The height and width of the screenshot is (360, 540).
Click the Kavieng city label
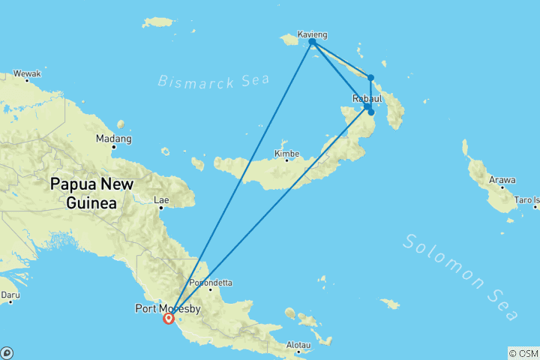(x=312, y=34)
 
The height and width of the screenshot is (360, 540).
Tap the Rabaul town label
(x=367, y=98)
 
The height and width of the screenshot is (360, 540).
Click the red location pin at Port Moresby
(x=168, y=318)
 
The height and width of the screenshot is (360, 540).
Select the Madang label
(x=114, y=139)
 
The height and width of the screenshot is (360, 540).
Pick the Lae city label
(x=160, y=200)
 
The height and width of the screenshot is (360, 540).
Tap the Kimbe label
(x=286, y=153)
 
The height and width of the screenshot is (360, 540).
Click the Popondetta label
(x=211, y=283)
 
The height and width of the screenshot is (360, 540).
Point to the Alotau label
(x=298, y=344)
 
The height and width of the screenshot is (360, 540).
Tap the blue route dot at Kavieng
(x=312, y=42)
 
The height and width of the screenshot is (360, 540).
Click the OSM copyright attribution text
(x=523, y=352)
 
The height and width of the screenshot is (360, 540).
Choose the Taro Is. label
(x=526, y=200)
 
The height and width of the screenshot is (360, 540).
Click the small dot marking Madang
(x=114, y=147)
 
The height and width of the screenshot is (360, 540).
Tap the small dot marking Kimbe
(x=286, y=160)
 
